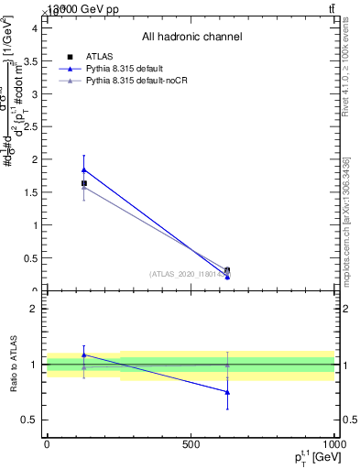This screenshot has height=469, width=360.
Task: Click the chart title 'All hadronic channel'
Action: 191,37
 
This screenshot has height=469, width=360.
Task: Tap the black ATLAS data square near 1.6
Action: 84,183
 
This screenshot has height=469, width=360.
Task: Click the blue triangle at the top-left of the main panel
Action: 84,169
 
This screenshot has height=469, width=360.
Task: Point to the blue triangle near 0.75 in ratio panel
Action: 227,392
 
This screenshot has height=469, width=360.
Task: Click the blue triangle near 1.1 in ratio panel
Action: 84,354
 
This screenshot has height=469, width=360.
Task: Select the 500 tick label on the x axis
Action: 191,443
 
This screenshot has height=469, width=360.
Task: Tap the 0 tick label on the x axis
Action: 47,443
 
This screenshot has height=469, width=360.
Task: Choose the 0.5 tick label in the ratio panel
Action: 30,420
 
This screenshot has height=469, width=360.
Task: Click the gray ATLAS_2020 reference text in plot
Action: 188,273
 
